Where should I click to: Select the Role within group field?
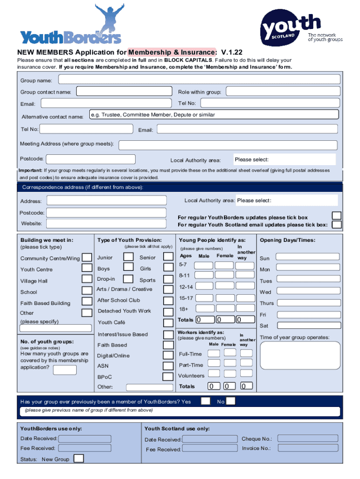pos(282,92)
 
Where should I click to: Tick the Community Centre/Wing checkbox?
pos(87,258)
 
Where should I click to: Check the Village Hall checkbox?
pos(87,280)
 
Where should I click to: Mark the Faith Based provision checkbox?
pos(168,345)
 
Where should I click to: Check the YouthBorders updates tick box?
pos(336,216)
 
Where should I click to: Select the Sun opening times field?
pos(307,257)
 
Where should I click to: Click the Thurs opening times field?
pos(307,303)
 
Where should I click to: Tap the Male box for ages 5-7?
pos(203,265)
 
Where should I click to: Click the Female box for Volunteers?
pos(229,374)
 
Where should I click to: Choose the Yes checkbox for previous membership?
pos(205,401)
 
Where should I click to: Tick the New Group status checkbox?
pos(79,458)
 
